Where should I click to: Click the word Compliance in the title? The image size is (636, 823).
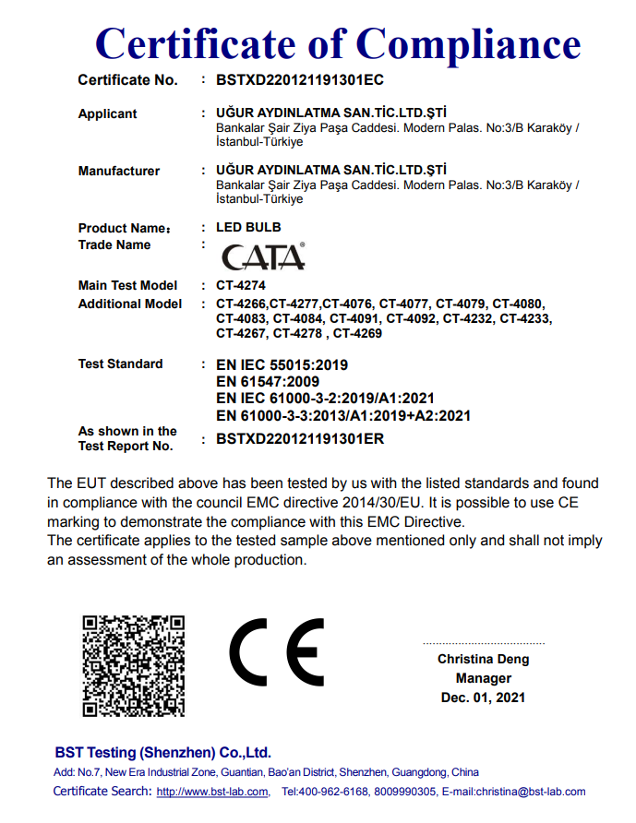tap(469, 43)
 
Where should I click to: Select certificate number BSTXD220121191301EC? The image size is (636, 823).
tap(300, 80)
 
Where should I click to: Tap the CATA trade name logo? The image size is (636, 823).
tap(263, 256)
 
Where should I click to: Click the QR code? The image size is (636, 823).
tap(133, 665)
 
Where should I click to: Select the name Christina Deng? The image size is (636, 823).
tap(483, 660)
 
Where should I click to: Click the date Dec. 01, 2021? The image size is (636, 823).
tap(483, 698)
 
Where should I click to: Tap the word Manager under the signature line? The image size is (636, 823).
tap(483, 678)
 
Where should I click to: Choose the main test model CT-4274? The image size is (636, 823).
tap(241, 286)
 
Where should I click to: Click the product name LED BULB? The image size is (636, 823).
tap(248, 227)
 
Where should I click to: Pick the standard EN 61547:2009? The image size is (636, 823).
tap(268, 382)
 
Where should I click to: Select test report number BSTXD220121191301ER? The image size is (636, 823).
tap(300, 439)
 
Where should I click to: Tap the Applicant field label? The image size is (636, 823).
tap(107, 114)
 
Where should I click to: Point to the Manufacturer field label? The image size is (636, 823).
tap(119, 172)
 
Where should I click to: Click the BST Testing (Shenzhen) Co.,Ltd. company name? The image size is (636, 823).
tap(162, 752)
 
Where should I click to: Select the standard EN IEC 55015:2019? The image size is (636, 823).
tap(282, 365)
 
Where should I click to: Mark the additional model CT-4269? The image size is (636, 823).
tap(357, 333)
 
